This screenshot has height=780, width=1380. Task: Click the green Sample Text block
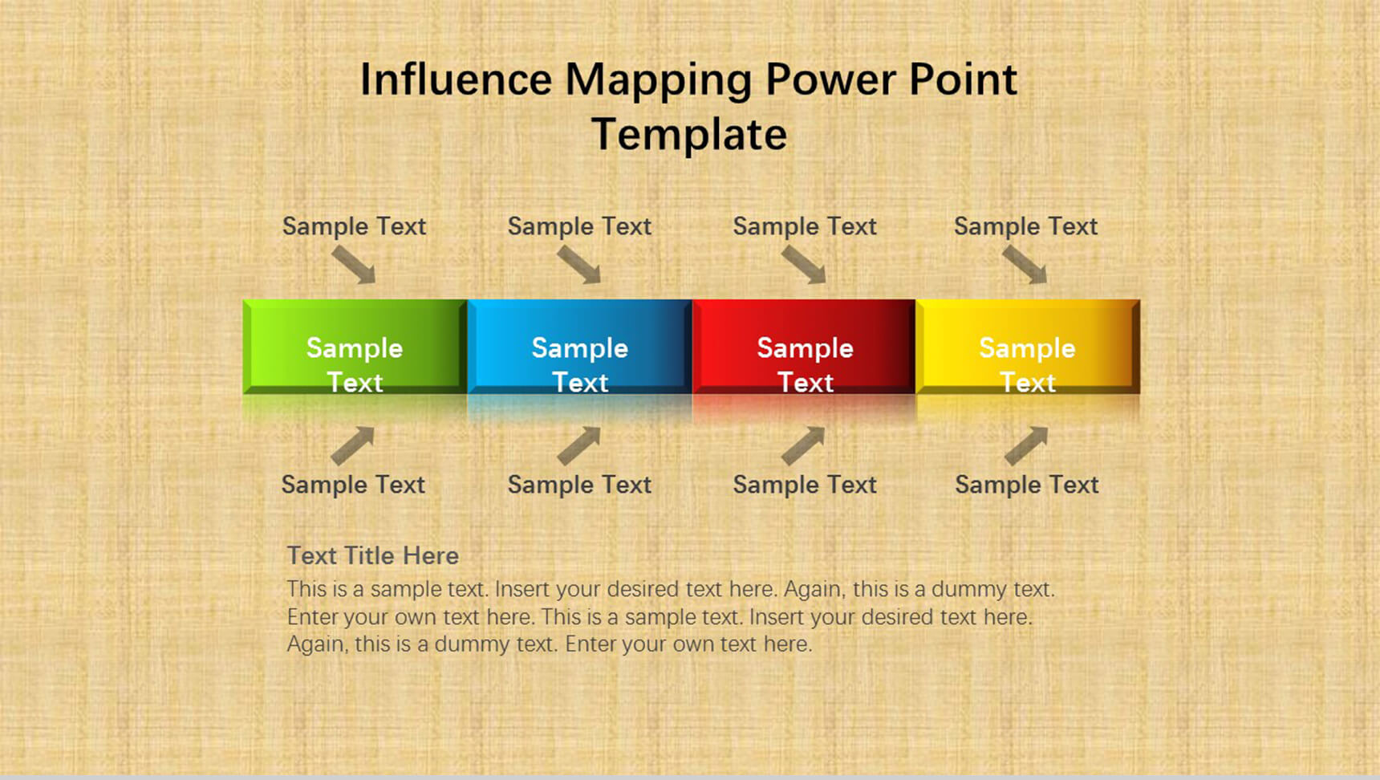click(x=355, y=347)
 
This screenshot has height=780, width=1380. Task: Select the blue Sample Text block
click(x=579, y=347)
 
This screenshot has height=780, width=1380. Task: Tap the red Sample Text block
click(x=804, y=347)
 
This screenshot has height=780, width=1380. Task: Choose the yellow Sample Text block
click(x=1028, y=347)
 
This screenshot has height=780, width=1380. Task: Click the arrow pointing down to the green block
click(x=354, y=265)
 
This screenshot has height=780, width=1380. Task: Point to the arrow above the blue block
click(x=579, y=265)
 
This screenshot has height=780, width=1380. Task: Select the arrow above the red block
click(x=804, y=265)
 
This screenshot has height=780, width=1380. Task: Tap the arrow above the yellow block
click(x=1025, y=265)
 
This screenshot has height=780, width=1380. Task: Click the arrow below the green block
click(x=353, y=445)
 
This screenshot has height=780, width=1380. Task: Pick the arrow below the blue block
click(x=579, y=445)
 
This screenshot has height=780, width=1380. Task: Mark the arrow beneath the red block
click(x=803, y=445)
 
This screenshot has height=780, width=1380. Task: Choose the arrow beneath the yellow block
click(x=1026, y=445)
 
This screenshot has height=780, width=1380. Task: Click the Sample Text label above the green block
click(x=354, y=226)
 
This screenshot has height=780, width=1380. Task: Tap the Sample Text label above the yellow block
click(x=1025, y=226)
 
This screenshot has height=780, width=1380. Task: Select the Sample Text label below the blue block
click(x=579, y=485)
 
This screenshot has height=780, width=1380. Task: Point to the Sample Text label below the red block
click(x=805, y=485)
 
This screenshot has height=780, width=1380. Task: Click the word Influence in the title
click(x=457, y=79)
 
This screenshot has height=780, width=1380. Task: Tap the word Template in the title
click(x=689, y=134)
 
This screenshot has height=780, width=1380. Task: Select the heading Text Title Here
click(x=373, y=555)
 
